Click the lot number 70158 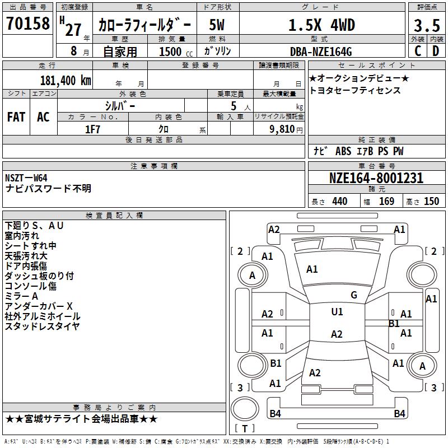(27, 23)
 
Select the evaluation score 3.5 (427, 25)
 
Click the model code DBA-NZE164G (321, 52)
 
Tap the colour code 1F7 (93, 129)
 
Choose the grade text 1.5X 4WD (321, 25)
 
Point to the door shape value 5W (218, 25)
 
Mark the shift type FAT (16, 117)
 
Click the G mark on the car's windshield (354, 295)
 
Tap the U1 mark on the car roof (337, 312)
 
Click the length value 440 (339, 202)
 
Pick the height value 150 (431, 202)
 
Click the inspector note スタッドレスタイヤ (42, 326)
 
